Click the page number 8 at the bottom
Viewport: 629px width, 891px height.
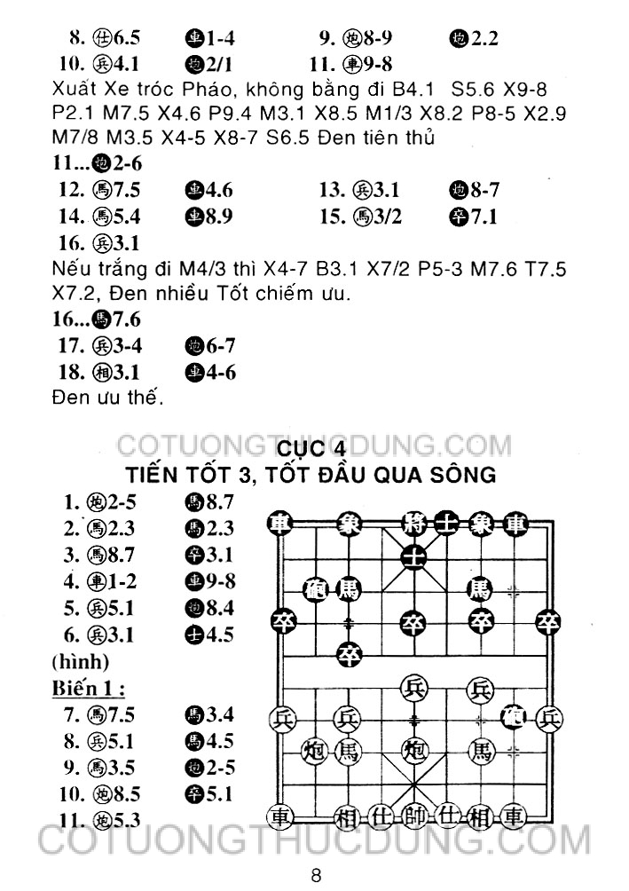315,874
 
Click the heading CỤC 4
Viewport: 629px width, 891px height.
315,444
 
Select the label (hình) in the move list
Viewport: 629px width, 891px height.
81,662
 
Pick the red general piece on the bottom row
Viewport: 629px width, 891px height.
413,816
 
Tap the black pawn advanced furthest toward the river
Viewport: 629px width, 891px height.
349,656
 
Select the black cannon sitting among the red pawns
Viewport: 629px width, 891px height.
513,715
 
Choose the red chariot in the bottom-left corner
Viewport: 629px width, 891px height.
281,816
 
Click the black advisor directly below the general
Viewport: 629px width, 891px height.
413,556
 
